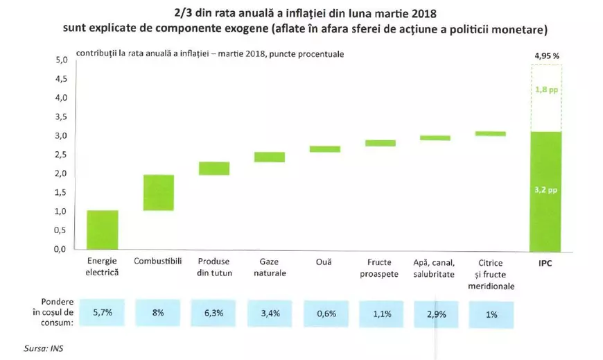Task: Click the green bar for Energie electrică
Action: coord(102,230)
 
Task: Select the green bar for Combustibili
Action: coord(158,192)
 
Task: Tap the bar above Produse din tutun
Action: coord(213,168)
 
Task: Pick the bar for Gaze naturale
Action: coord(269,157)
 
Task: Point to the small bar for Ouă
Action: coord(324,148)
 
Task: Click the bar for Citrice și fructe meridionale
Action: coord(491,133)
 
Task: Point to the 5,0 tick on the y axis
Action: coord(61,60)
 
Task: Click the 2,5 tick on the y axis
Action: coord(61,155)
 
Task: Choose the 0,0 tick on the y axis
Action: coord(61,249)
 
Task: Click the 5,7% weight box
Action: coord(102,313)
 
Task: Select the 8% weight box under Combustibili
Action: coord(158,313)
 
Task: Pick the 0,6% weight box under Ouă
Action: coord(326,313)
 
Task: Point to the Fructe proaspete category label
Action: coord(380,268)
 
